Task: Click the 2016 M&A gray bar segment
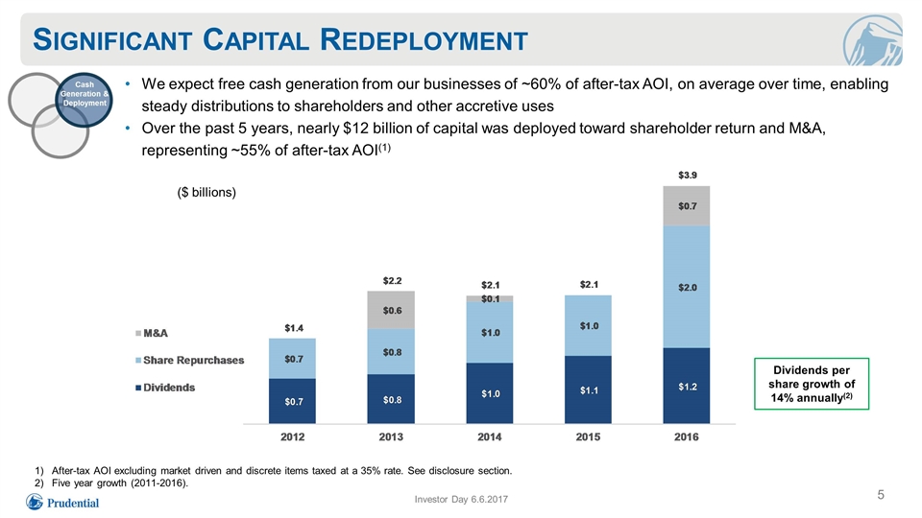pyautogui.click(x=686, y=206)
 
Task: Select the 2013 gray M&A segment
pyautogui.click(x=391, y=310)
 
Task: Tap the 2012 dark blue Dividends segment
pyautogui.click(x=292, y=401)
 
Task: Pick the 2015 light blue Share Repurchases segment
pyautogui.click(x=588, y=325)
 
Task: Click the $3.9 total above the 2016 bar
pyautogui.click(x=688, y=175)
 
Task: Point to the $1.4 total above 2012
pyautogui.click(x=294, y=328)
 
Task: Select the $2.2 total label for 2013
pyautogui.click(x=392, y=281)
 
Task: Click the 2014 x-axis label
pyautogui.click(x=489, y=437)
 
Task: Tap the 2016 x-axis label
pyautogui.click(x=686, y=437)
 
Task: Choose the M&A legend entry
pyautogui.click(x=152, y=333)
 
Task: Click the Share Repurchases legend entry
pyautogui.click(x=189, y=360)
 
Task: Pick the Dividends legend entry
pyautogui.click(x=165, y=388)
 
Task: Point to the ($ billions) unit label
pyautogui.click(x=206, y=193)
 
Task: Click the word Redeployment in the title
pyautogui.click(x=424, y=40)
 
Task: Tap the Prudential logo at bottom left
pyautogui.click(x=62, y=502)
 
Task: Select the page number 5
pyautogui.click(x=881, y=495)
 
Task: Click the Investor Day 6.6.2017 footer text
pyautogui.click(x=461, y=499)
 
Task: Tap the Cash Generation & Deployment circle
pyautogui.click(x=85, y=99)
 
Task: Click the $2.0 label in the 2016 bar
pyautogui.click(x=688, y=287)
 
